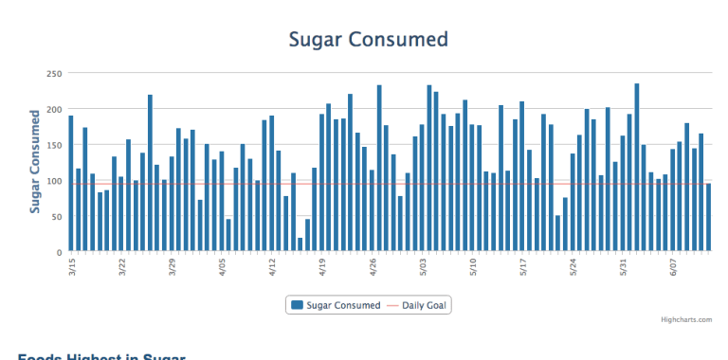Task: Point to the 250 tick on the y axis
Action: coord(55,73)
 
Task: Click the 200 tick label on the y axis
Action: coord(55,109)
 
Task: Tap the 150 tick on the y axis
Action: coord(55,145)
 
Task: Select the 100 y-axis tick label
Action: coord(55,181)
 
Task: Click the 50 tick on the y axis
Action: coord(57,217)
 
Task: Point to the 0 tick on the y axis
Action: coord(60,253)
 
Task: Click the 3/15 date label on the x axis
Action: coord(72,267)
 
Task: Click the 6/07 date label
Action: coord(674,267)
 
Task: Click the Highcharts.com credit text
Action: coord(686,320)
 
